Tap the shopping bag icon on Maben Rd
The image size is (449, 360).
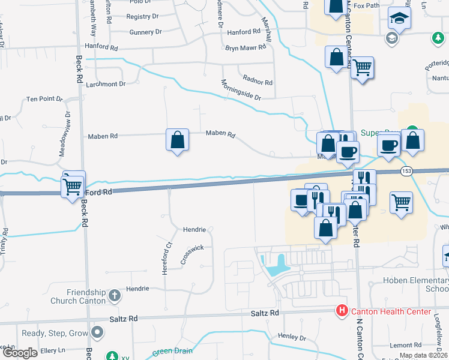click(x=177, y=140)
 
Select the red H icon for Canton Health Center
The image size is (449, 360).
click(x=341, y=311)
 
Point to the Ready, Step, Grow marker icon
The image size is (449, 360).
click(x=98, y=332)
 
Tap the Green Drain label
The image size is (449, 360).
click(x=171, y=351)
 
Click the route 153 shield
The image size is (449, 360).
click(x=407, y=171)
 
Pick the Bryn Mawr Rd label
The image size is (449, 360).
click(x=245, y=48)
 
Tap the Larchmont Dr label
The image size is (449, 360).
click(x=105, y=84)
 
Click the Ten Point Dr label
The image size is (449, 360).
click(x=44, y=99)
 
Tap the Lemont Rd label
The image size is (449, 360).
click(x=405, y=345)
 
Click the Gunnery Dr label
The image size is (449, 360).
click(x=145, y=32)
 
